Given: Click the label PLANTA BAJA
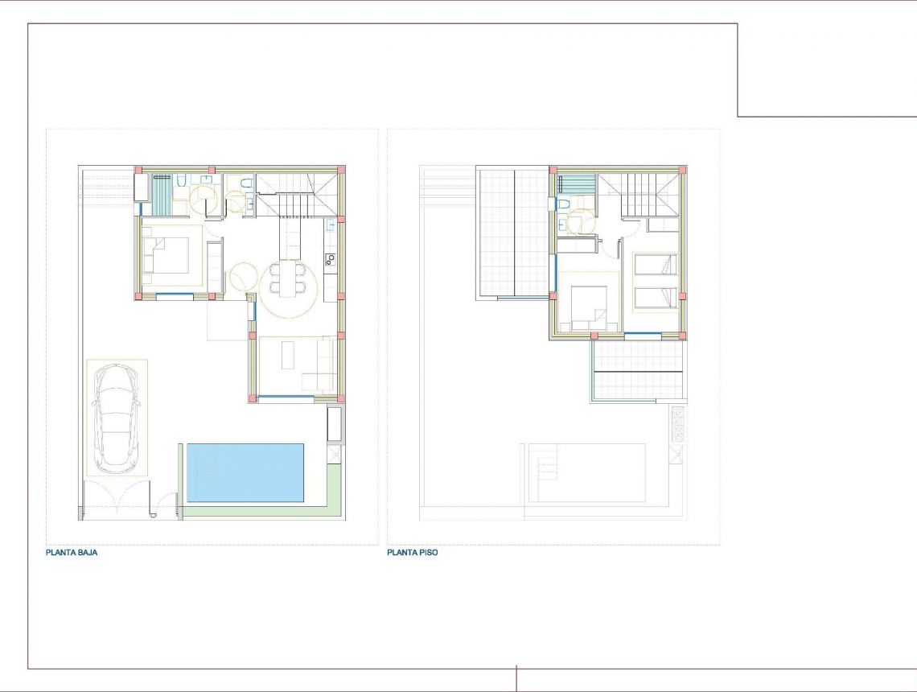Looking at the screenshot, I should point(72,553).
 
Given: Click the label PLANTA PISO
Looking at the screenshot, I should point(413,553).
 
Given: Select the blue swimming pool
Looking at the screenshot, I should point(245,472).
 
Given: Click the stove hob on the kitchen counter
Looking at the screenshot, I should point(331,259).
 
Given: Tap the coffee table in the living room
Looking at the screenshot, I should point(287,355).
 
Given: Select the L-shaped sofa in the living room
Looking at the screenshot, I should point(322,366).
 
